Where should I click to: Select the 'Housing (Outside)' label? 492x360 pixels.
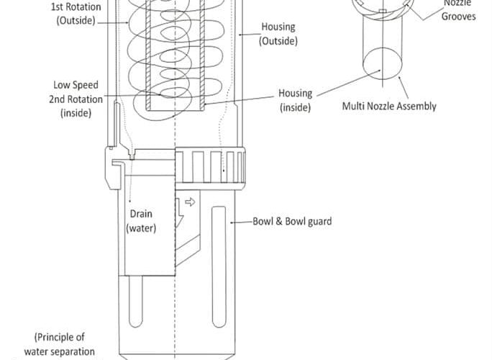278,34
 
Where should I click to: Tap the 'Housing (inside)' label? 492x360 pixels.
295,100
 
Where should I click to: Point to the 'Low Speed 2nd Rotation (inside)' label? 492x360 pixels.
76,99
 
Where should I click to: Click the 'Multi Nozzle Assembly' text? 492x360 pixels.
388,107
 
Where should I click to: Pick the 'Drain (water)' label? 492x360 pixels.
141,221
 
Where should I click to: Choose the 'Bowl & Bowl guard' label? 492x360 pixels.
292,221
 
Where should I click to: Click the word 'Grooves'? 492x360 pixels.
459,16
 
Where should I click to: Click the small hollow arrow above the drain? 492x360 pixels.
190,202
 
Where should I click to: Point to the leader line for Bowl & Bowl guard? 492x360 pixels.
240,221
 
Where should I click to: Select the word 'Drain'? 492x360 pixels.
141,214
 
